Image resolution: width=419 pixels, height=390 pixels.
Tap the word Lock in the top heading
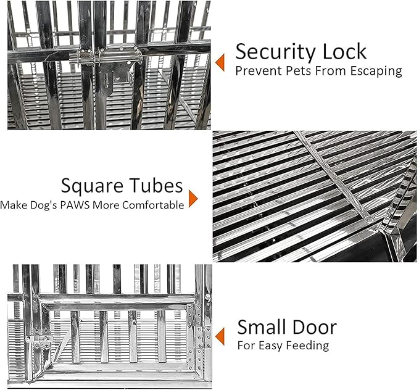[x=345, y=51]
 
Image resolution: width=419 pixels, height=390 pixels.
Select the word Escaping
[x=376, y=72]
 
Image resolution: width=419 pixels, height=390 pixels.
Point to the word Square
[x=93, y=186]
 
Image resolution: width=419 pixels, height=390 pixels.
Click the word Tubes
[x=157, y=185]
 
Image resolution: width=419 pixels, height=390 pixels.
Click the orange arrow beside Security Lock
[x=220, y=62]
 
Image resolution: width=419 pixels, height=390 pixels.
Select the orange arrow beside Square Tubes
[x=193, y=199]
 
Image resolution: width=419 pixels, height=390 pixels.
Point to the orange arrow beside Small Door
[x=220, y=336]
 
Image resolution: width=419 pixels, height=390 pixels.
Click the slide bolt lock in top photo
[x=106, y=57]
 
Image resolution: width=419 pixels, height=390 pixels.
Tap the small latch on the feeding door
[x=39, y=339]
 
